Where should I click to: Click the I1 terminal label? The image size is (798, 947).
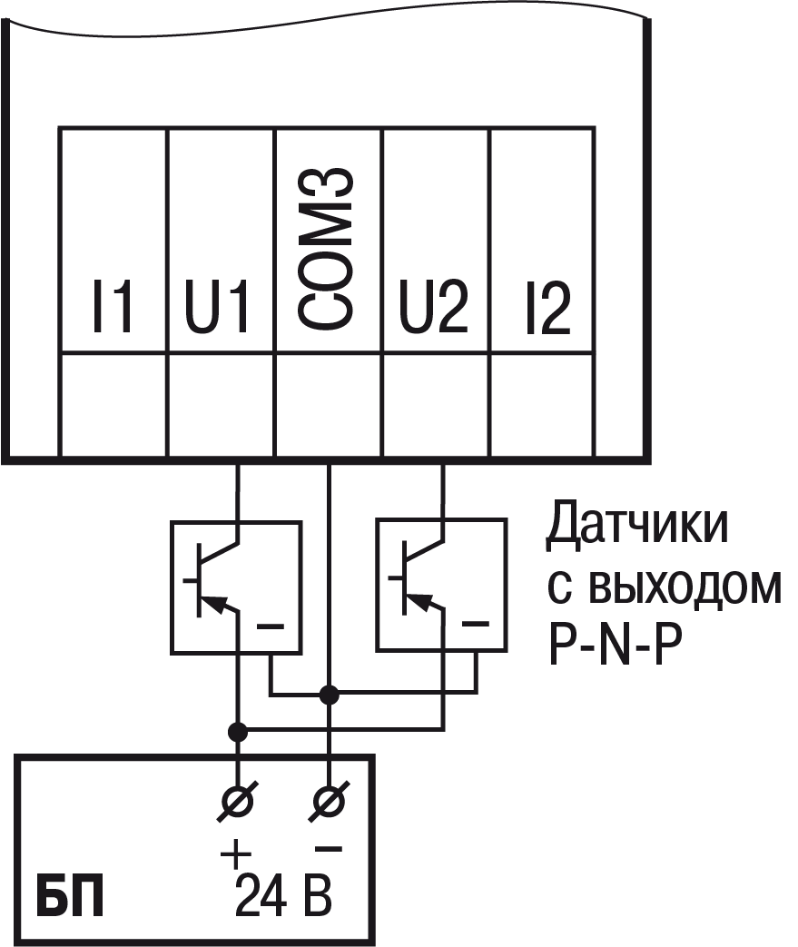113,308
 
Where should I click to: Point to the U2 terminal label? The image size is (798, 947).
434,308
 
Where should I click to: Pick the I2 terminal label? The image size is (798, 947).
542,308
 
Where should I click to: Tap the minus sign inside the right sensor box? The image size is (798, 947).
475,625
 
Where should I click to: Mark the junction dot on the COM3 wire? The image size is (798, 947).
330,695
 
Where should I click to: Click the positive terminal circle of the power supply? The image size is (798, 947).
238,800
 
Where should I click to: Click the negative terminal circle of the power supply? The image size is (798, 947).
330,800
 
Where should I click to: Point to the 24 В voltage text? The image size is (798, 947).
282,895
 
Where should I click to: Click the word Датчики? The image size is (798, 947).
635,528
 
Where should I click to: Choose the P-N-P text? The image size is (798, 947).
614,646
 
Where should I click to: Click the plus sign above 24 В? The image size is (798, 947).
235,854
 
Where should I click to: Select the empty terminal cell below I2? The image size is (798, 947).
542,404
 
